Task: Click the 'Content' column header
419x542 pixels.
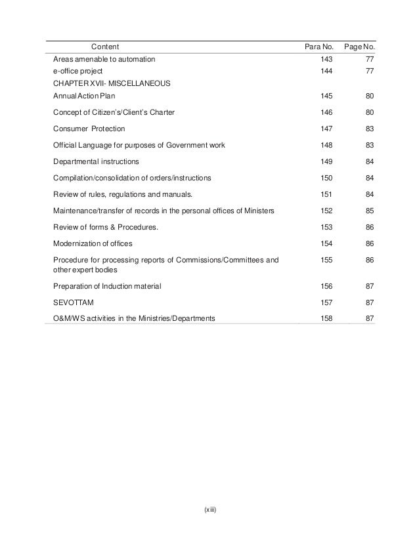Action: tap(104, 47)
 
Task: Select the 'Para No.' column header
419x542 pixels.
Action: tap(319, 47)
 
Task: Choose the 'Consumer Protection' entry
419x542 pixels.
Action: tap(89, 129)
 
